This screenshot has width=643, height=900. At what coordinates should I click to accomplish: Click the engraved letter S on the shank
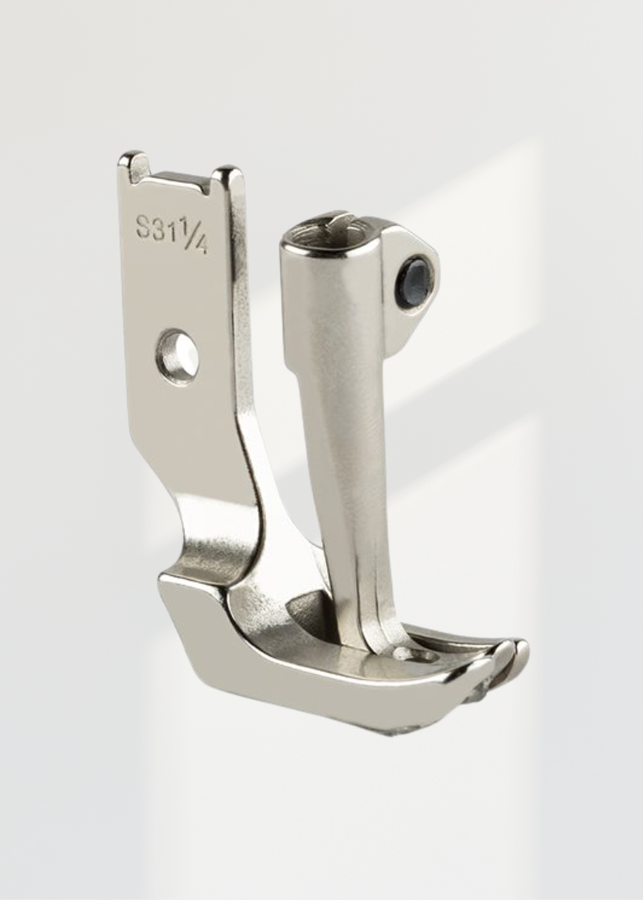point(144,227)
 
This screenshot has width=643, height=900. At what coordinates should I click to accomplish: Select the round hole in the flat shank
point(178,354)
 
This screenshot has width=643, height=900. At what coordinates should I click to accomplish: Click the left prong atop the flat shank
point(133,164)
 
